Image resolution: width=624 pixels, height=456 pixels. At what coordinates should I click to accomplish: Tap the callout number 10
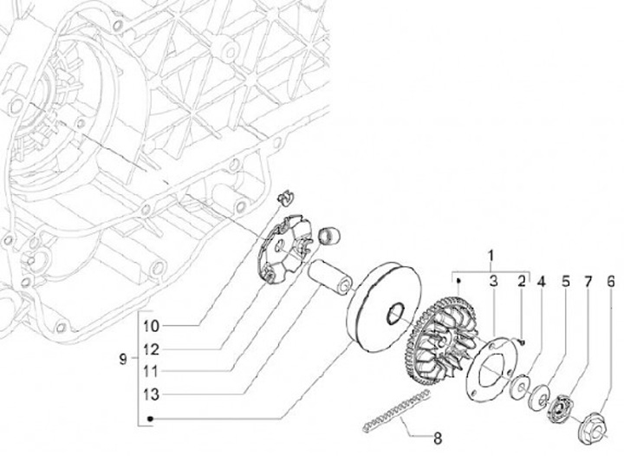[152, 327]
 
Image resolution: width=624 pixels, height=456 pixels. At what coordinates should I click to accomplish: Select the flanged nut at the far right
[598, 424]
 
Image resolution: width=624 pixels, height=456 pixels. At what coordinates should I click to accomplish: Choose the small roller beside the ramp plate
[330, 235]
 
